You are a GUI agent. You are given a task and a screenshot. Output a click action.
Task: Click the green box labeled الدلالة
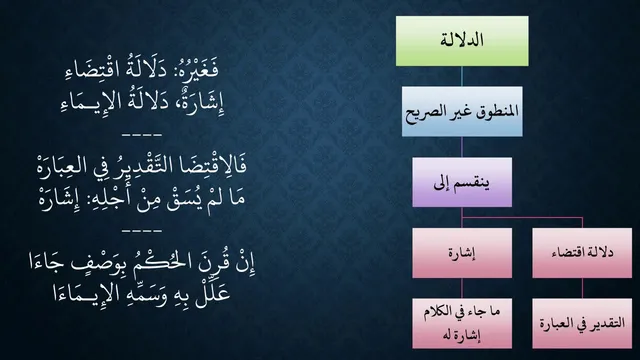(x=462, y=41)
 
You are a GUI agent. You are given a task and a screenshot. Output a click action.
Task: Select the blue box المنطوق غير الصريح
(x=462, y=111)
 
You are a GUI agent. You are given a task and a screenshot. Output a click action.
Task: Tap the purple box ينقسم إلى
(x=462, y=182)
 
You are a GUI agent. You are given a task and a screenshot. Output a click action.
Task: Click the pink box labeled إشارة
(x=462, y=253)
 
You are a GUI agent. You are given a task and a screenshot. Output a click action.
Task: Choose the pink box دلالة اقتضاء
(x=582, y=253)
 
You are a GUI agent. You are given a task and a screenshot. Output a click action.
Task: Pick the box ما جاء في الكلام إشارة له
(x=462, y=323)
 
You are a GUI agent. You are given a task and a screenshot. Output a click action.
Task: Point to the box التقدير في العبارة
(x=582, y=323)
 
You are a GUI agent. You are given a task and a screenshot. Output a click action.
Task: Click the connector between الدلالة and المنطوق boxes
(x=462, y=76)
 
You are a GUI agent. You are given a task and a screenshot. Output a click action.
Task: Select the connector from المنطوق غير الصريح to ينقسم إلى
(x=462, y=147)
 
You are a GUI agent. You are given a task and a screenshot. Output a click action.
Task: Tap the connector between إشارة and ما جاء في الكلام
(x=462, y=289)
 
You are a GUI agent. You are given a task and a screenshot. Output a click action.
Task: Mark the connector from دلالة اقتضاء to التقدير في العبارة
(x=582, y=289)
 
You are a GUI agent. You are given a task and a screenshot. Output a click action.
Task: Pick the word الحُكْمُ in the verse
(x=160, y=263)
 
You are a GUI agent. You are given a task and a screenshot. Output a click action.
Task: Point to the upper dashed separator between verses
(x=142, y=134)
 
